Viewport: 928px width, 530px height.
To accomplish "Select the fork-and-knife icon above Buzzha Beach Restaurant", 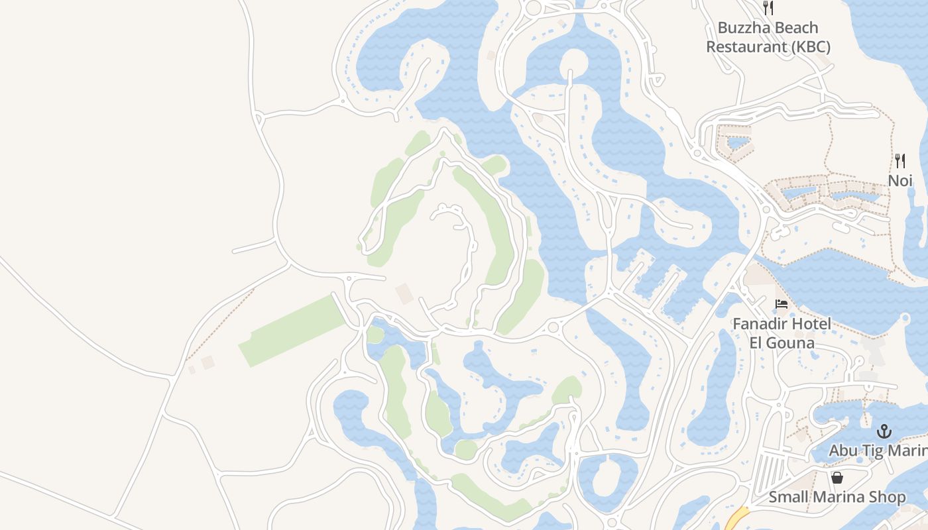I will (768, 8).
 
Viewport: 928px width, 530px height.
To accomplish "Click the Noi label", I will (900, 180).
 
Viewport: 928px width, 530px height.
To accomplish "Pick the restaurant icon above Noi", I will (900, 161).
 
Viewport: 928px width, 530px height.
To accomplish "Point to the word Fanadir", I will (762, 325).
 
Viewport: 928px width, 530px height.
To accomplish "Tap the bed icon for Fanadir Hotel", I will (782, 305).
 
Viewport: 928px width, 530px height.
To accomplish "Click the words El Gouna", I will (782, 343).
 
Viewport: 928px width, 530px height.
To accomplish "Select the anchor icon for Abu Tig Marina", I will (884, 432).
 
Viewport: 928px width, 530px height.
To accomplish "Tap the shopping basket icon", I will (837, 478).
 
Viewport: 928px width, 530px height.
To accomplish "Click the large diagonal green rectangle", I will (292, 331).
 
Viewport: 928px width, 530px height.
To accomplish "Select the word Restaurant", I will (742, 47).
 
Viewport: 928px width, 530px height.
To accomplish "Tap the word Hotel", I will (813, 325).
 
